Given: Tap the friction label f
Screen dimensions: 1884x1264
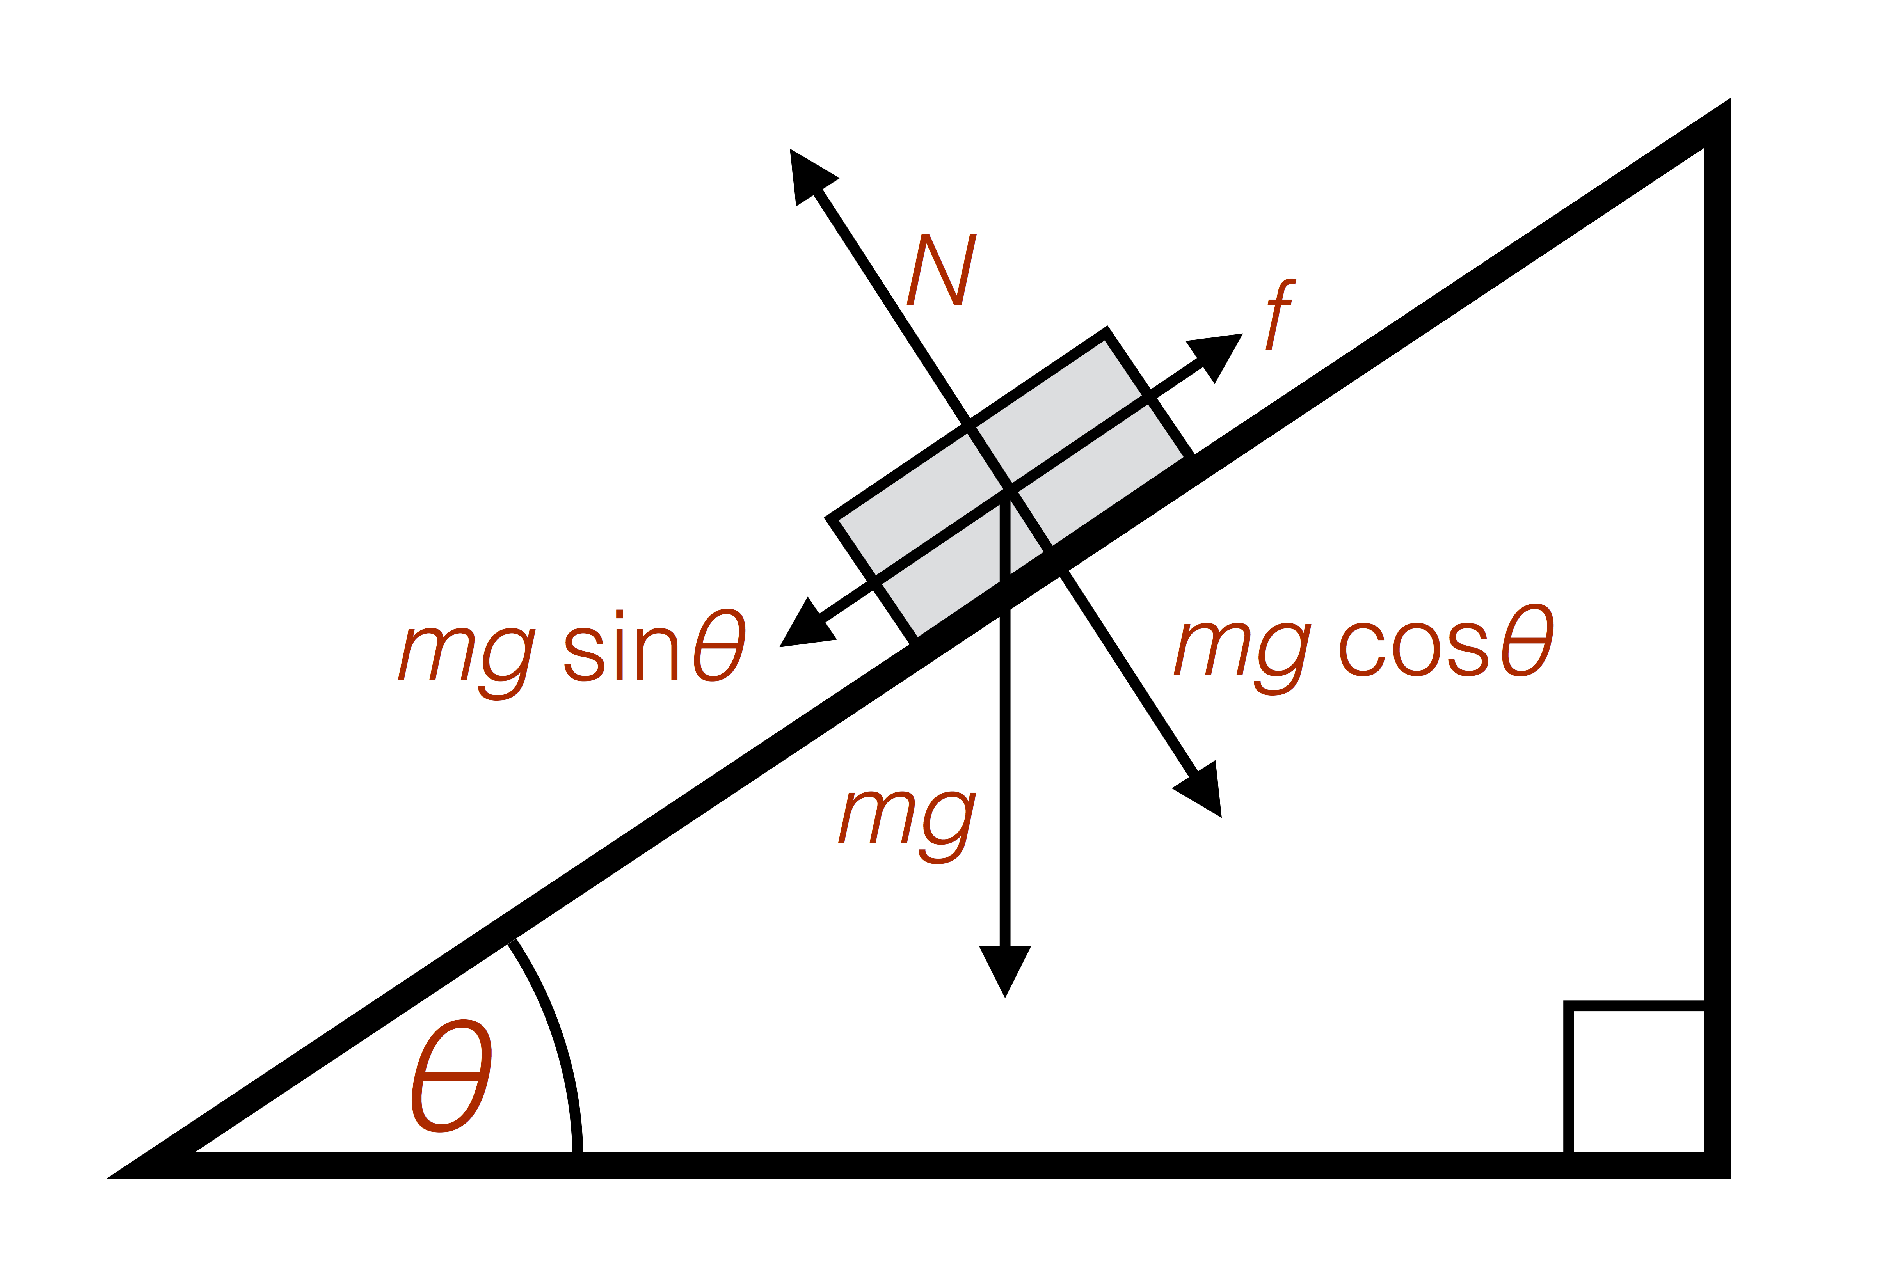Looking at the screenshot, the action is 1281,314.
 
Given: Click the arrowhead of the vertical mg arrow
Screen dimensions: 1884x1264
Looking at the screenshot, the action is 1004,971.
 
